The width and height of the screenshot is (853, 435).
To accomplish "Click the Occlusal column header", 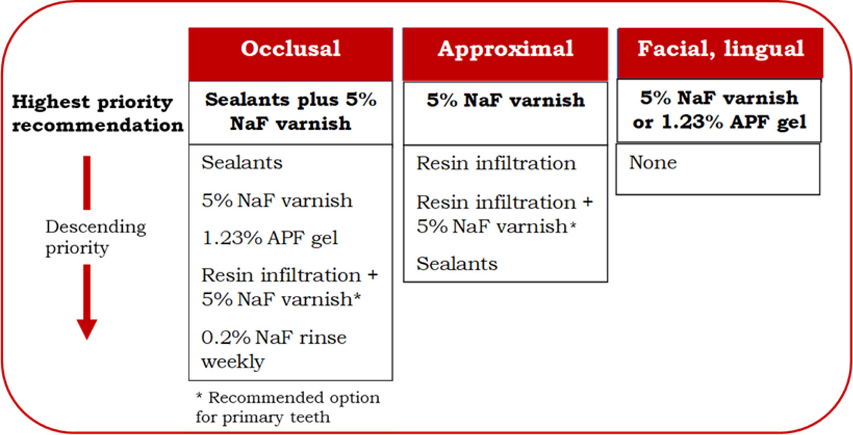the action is coord(290,54).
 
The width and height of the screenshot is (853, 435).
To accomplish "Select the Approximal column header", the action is coord(506,54).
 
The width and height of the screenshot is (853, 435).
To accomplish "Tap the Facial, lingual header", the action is coord(720,53).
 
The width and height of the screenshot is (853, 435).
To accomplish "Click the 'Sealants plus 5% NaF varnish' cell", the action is coord(290,112).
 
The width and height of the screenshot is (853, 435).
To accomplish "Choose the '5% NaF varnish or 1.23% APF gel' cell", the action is coord(719,110).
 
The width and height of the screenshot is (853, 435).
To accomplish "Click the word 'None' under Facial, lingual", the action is coord(653,163).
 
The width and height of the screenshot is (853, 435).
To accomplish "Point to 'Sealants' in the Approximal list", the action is coord(457,264).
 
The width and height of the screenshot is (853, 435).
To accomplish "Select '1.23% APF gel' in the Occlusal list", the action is coord(270,239).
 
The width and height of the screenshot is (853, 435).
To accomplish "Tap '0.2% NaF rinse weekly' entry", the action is coord(274,349).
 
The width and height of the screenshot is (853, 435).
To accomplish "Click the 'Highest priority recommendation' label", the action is coord(97,114).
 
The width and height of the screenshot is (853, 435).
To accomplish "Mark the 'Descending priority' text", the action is coord(96,237).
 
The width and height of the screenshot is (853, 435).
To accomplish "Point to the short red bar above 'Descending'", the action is coord(87,182).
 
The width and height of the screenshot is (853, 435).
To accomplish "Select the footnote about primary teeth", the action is coord(288,407).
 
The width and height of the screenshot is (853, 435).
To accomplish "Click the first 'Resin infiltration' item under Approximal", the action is coord(496,163).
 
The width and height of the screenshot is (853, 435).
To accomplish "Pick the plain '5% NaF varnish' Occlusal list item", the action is coord(277,201).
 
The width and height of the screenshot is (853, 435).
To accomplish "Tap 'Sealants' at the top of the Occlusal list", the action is coord(242,163).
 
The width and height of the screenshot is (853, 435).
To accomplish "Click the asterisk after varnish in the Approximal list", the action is coord(573,225).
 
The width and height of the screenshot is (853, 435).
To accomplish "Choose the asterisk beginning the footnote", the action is coord(199,396).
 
